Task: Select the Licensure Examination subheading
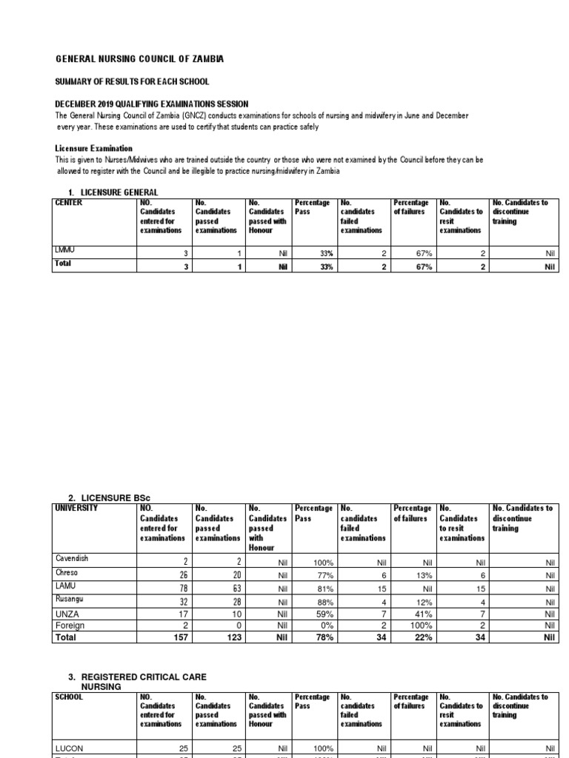(94, 148)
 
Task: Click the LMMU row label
(66, 250)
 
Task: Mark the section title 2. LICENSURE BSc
(107, 498)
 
